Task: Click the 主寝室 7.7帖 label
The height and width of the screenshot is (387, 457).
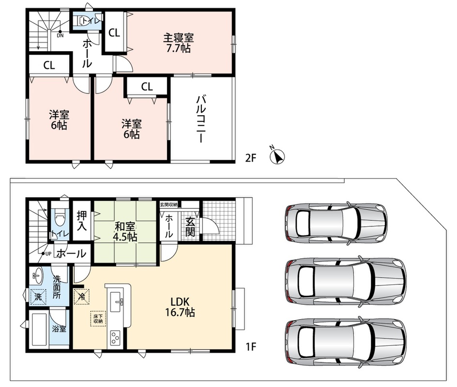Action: (178, 43)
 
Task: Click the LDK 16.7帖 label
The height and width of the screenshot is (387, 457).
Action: (180, 307)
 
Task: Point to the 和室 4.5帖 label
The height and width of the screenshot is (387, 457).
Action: (124, 232)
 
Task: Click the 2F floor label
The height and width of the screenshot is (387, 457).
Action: (250, 158)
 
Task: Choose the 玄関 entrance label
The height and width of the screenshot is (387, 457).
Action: (190, 227)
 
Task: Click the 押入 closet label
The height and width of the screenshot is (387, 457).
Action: (82, 221)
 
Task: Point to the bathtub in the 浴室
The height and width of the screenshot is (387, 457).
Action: (39, 329)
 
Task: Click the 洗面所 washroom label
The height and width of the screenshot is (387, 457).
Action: (56, 287)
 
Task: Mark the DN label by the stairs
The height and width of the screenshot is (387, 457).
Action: (60, 35)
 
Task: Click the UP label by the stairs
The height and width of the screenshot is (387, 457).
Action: (48, 253)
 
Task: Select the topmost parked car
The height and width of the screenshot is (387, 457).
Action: (336, 223)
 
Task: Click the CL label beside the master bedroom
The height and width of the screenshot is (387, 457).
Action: (114, 32)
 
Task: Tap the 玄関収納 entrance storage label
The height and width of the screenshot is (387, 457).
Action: (168, 205)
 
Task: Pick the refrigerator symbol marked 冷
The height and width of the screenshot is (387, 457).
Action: (82, 297)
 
